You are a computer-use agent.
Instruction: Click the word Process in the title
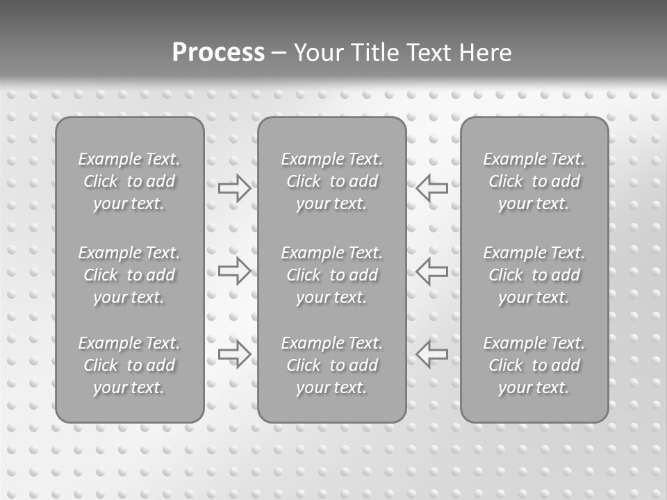coord(218,53)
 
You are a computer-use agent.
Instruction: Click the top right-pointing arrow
coord(235,188)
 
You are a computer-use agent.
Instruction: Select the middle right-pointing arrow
coord(235,271)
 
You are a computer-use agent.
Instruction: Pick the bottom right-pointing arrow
coord(235,354)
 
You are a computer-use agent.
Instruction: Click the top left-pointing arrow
coord(431,188)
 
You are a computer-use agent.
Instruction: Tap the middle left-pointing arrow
coord(431,271)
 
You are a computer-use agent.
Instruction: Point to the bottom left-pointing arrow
coord(431,354)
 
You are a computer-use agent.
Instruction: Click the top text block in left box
coord(129,181)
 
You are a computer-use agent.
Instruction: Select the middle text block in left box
coord(129,275)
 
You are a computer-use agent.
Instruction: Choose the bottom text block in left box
coord(129,365)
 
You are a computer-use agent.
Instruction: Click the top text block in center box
coord(332,181)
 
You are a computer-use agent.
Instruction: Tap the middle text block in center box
coord(332,275)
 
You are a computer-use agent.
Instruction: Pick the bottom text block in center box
coord(332,365)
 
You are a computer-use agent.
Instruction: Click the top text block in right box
coord(534,181)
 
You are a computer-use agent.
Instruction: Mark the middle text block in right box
coord(534,275)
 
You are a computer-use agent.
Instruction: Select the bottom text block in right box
coord(534,365)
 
